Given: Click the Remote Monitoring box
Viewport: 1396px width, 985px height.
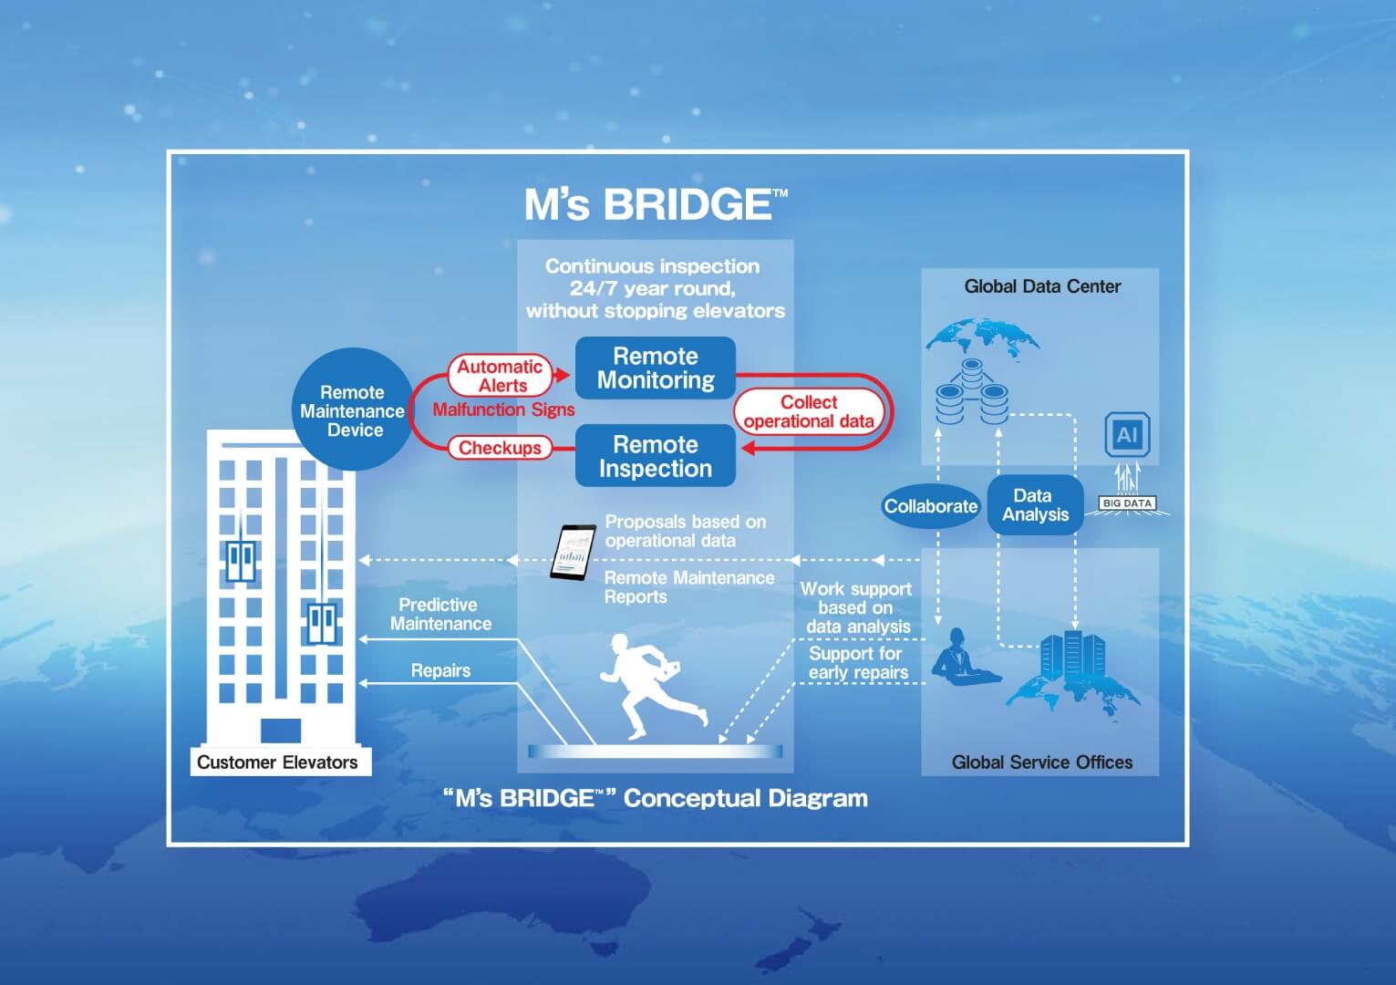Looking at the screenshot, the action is click(x=655, y=368).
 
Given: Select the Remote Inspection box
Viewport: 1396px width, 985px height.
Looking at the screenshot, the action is click(x=655, y=456).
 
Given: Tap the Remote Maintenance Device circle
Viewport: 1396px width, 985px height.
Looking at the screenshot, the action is click(x=353, y=410).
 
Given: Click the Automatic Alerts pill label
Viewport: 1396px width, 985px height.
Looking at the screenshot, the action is click(x=500, y=375).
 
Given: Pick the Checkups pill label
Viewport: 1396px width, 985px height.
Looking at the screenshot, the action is click(x=500, y=448).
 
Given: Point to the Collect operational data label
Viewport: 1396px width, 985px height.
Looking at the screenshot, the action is click(x=808, y=411).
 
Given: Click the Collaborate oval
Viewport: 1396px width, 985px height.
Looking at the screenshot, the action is click(x=930, y=506).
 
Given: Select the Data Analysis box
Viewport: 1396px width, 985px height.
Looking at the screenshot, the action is click(x=1035, y=505).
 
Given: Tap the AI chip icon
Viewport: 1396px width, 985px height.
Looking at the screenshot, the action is click(x=1127, y=434).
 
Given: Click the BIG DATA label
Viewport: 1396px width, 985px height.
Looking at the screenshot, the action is click(x=1127, y=503).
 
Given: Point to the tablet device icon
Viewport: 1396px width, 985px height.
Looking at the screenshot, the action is click(x=572, y=553).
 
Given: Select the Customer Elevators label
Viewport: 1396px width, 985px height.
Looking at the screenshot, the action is click(x=277, y=762).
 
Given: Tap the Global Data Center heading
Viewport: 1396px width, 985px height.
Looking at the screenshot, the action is click(x=1042, y=286).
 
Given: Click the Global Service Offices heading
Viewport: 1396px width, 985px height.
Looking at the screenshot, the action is click(x=1041, y=762).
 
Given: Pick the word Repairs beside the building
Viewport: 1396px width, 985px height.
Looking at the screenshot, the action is click(x=440, y=670).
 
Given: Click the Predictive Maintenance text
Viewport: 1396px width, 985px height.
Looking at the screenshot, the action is click(x=440, y=614).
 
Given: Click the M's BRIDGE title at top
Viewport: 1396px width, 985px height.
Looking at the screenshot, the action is click(x=656, y=204).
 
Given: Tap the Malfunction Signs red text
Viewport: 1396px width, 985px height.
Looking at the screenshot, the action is click(x=503, y=410).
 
